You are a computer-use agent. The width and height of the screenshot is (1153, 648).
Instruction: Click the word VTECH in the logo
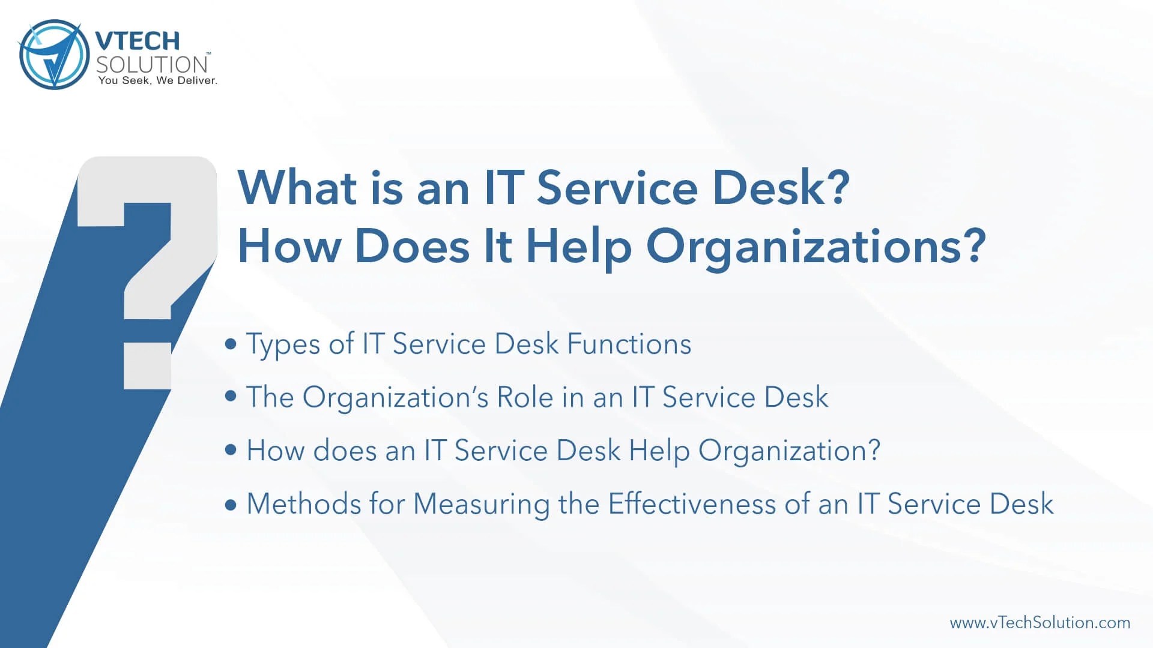coord(138,41)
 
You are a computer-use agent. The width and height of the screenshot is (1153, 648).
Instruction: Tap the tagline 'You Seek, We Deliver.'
coord(157,80)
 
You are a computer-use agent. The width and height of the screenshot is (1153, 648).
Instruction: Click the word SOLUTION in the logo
coord(152,64)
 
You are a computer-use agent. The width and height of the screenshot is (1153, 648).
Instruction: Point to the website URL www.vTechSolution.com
coord(1040,623)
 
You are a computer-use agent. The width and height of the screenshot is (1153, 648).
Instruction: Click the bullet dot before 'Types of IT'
coord(231,344)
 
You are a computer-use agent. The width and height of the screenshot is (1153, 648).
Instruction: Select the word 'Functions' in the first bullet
coord(629,344)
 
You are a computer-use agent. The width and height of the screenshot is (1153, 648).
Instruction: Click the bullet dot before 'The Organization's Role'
coord(231,397)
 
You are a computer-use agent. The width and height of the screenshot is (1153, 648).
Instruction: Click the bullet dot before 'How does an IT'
coord(231,450)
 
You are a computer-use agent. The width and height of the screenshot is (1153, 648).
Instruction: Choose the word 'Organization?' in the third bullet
coord(789,451)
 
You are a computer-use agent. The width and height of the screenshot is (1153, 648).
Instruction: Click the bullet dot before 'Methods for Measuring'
coord(231,504)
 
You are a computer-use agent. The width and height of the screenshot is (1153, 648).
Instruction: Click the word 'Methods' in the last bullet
coord(304,504)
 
